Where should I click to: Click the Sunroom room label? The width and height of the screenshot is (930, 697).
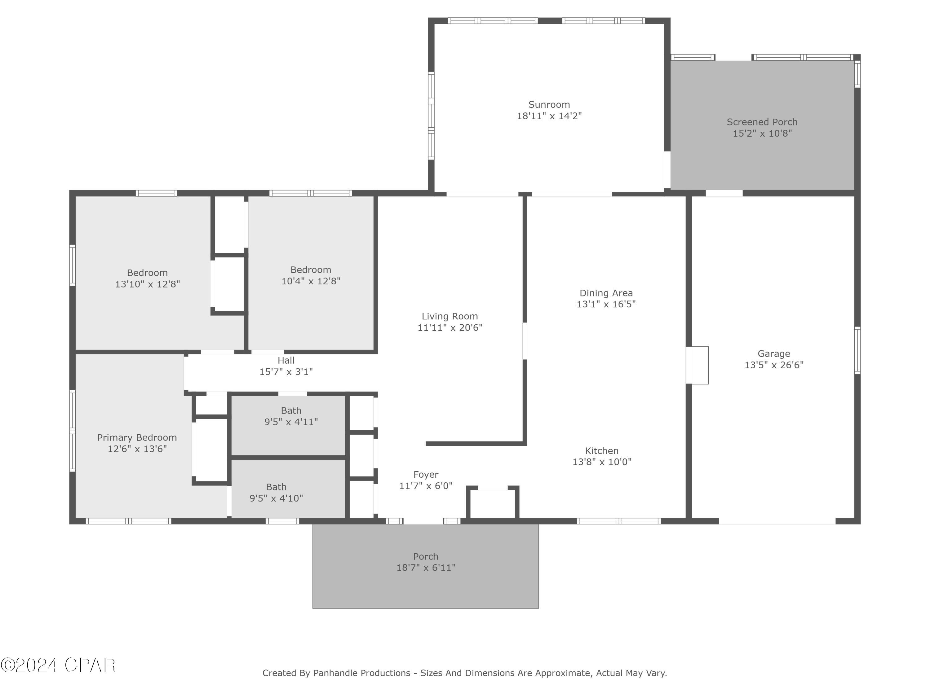click(x=549, y=105)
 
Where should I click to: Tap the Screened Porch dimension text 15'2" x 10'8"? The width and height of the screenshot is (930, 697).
click(x=762, y=134)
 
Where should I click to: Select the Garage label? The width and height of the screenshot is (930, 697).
click(x=773, y=354)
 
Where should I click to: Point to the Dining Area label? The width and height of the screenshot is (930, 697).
click(x=606, y=293)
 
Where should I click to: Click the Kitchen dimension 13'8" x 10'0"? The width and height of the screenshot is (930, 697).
click(x=602, y=462)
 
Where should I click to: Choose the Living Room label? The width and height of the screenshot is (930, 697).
click(x=449, y=316)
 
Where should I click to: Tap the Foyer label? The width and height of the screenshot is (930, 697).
click(x=426, y=474)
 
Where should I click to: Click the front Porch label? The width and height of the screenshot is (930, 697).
click(x=426, y=556)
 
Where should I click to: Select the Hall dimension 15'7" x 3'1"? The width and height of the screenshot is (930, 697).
click(x=286, y=372)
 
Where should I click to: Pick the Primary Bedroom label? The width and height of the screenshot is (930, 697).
click(x=137, y=437)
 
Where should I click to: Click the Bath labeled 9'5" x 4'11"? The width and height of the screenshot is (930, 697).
click(x=291, y=416)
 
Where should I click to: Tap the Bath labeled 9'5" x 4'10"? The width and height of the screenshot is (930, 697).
click(x=276, y=493)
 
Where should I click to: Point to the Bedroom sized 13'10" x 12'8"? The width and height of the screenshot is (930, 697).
click(x=147, y=278)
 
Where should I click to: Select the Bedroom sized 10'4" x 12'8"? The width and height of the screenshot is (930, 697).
click(x=311, y=275)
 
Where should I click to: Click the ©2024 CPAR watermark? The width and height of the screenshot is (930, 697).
click(x=58, y=665)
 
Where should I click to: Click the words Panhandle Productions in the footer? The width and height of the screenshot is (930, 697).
click(x=361, y=673)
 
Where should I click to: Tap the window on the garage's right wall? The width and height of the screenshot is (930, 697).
click(x=857, y=350)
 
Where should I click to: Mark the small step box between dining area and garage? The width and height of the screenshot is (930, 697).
click(x=697, y=365)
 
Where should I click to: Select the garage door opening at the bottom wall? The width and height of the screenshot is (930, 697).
click(x=777, y=521)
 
